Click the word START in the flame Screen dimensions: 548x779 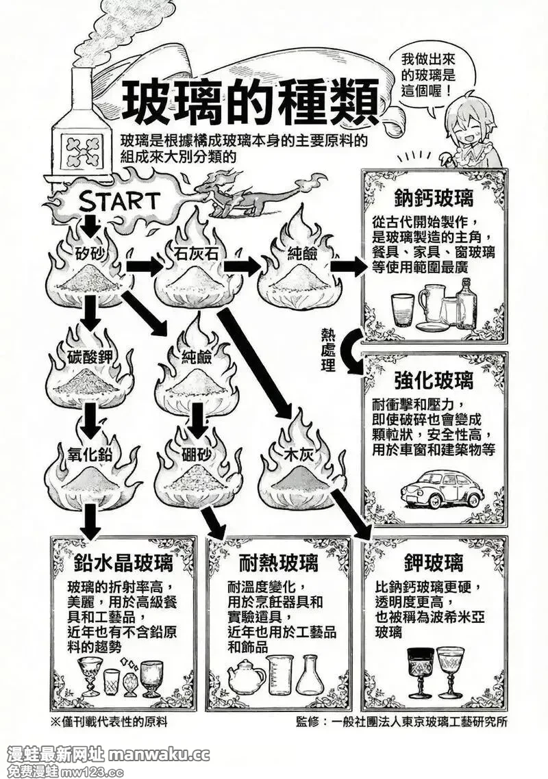(x=119, y=201)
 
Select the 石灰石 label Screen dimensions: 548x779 (x=197, y=254)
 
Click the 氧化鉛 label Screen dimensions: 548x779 (x=90, y=453)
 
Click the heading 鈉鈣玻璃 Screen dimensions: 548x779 (x=434, y=199)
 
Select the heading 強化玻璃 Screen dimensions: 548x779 (x=434, y=381)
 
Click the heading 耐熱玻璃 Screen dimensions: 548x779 (x=278, y=563)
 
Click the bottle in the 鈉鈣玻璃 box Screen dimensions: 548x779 (x=466, y=303)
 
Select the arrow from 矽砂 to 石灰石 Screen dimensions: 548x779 (x=145, y=267)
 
